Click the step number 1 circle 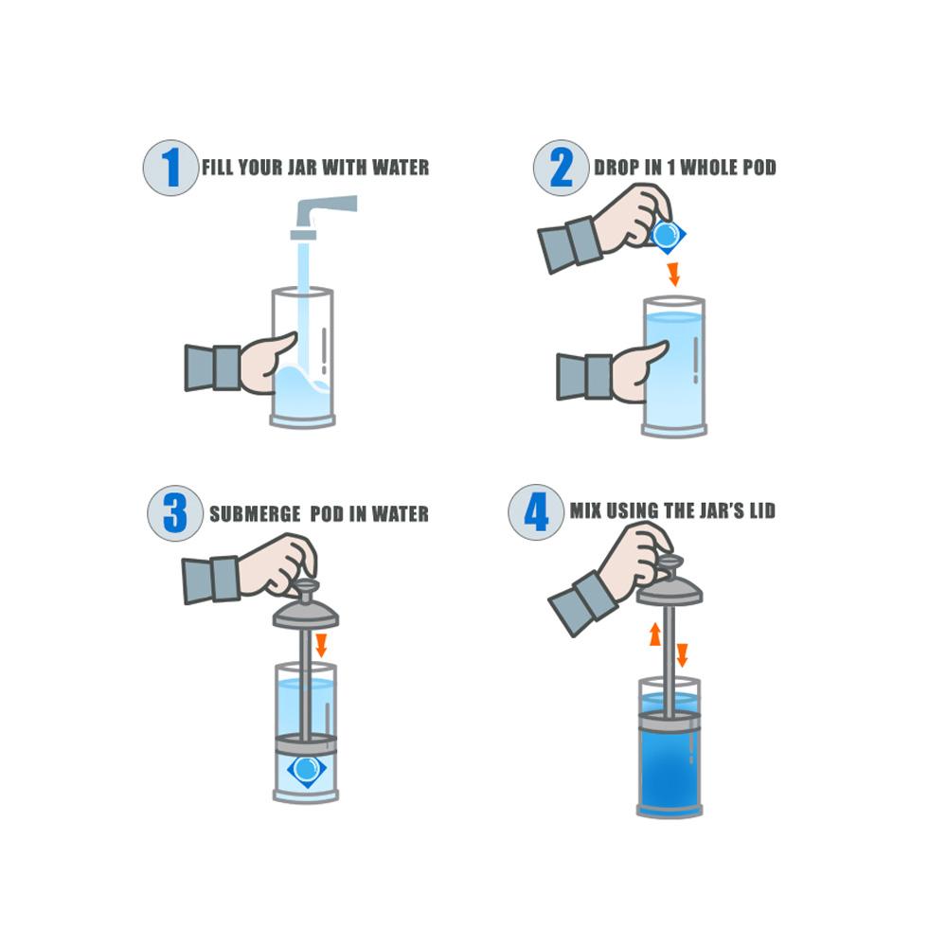(170, 168)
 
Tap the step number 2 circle (561, 168)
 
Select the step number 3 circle (175, 513)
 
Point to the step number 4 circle (536, 512)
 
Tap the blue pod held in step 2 (668, 234)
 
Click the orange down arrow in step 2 (673, 275)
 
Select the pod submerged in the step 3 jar (305, 768)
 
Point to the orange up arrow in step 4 (654, 634)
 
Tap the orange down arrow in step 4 (682, 654)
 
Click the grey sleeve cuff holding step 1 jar (213, 367)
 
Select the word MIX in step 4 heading (587, 511)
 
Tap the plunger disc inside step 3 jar (305, 740)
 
